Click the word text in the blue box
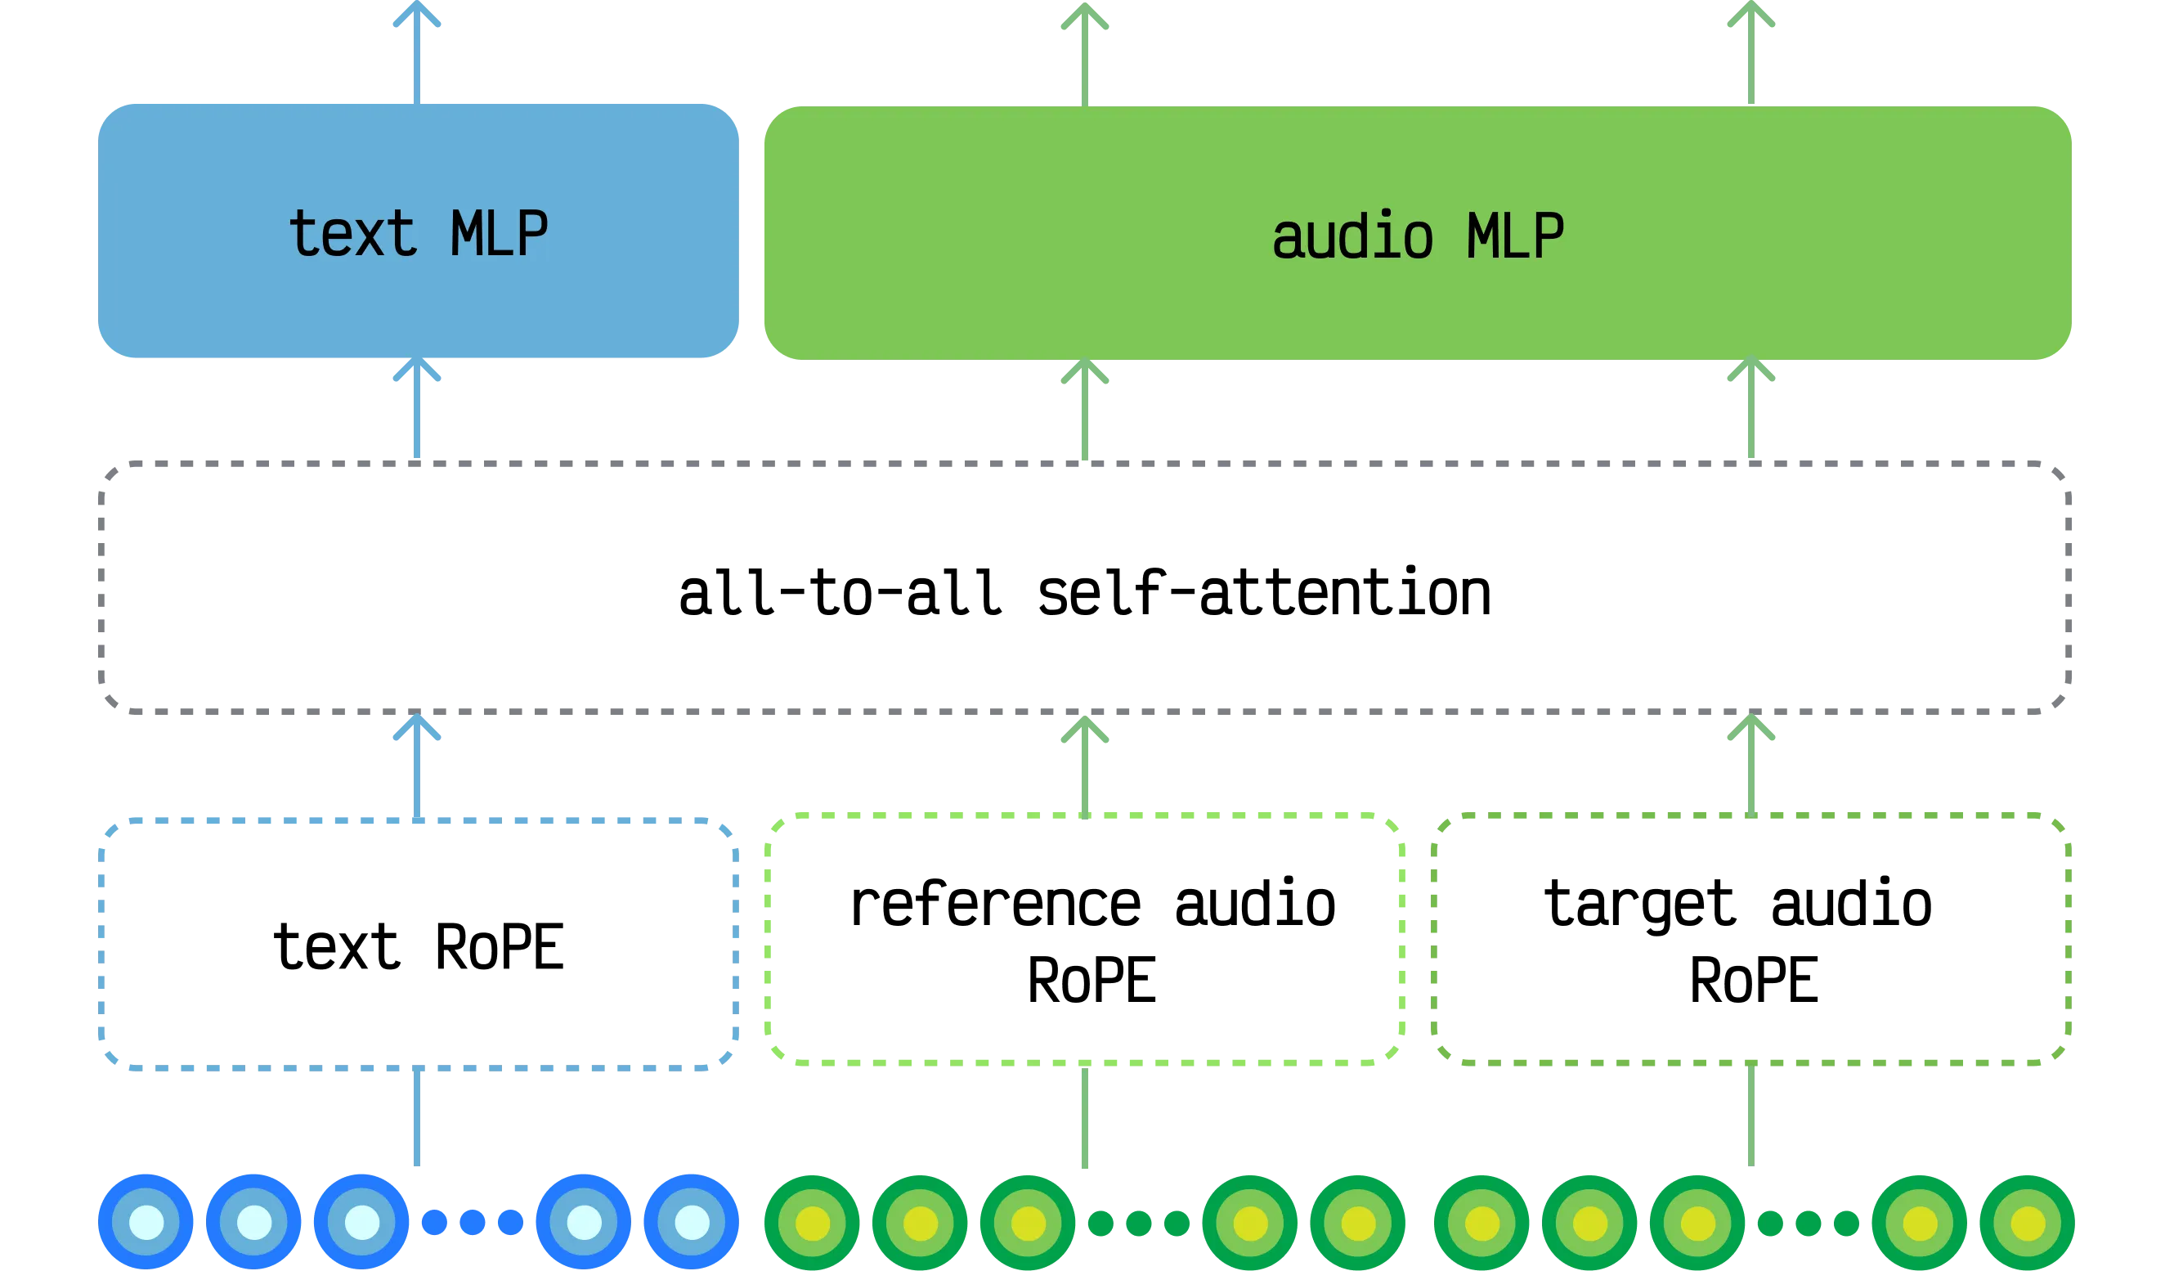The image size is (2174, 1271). (x=353, y=234)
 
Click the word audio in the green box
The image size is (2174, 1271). (x=1351, y=237)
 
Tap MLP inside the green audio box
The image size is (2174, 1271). (x=1515, y=236)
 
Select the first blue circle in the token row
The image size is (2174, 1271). (x=146, y=1222)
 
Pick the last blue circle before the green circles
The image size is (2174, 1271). (x=691, y=1222)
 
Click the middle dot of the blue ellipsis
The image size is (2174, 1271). (x=472, y=1222)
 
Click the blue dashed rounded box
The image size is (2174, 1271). (x=419, y=941)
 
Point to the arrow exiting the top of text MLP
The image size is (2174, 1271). (x=419, y=52)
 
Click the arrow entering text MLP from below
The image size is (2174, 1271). (x=419, y=410)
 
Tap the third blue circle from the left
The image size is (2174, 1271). (x=361, y=1222)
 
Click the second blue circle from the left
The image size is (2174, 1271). (x=253, y=1222)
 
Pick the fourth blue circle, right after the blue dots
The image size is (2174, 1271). (x=584, y=1222)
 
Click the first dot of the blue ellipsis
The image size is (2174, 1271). (x=433, y=1222)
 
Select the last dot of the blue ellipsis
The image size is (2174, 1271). (x=510, y=1222)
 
